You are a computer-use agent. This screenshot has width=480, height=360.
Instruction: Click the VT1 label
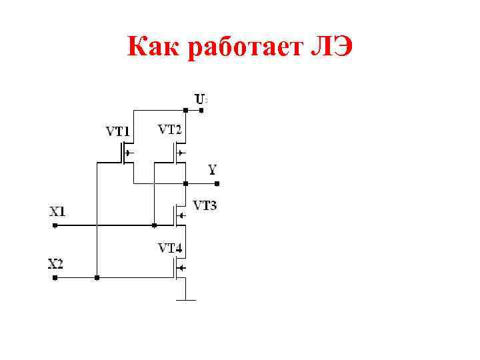(119, 131)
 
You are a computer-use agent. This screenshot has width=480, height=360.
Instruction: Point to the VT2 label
(169, 129)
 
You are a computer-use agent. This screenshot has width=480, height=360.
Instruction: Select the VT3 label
(205, 205)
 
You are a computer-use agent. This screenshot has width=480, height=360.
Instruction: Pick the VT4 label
(170, 248)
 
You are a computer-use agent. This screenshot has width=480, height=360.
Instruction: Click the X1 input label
(57, 211)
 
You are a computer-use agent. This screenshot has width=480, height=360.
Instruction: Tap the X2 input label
(56, 263)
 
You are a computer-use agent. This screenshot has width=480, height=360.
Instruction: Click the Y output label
(212, 169)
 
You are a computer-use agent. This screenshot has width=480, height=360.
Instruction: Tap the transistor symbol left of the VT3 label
(179, 215)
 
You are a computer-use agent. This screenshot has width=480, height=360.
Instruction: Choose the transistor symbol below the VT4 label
(179, 268)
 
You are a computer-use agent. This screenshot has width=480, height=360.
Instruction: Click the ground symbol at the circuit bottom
(185, 299)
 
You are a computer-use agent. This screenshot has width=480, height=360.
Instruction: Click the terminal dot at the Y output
(216, 183)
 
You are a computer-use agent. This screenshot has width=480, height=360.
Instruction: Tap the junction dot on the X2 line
(97, 277)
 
